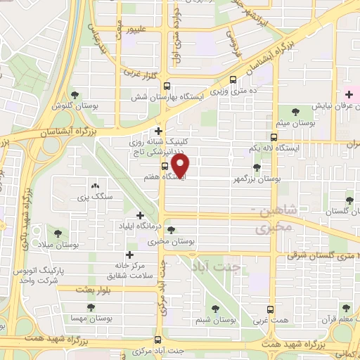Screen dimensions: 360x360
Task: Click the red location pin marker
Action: point(181,165)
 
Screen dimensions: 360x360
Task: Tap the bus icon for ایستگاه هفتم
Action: point(165,167)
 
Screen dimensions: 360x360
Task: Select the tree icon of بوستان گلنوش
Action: point(75,95)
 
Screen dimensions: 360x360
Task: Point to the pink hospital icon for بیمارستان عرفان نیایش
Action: point(349,94)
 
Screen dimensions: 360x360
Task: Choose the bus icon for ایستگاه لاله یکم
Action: point(274,137)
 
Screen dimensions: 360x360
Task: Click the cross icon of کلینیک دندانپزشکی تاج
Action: point(159,131)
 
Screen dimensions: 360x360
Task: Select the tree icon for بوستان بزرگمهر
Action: point(256,167)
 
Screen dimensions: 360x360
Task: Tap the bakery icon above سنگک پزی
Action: point(95,186)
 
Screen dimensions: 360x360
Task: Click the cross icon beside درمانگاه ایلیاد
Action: point(140,215)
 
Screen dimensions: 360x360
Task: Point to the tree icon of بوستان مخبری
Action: point(172,230)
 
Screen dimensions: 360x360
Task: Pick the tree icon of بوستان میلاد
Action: point(58,233)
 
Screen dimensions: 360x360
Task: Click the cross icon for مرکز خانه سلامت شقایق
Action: point(129,255)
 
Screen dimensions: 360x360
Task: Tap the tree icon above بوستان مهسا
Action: point(89,307)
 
